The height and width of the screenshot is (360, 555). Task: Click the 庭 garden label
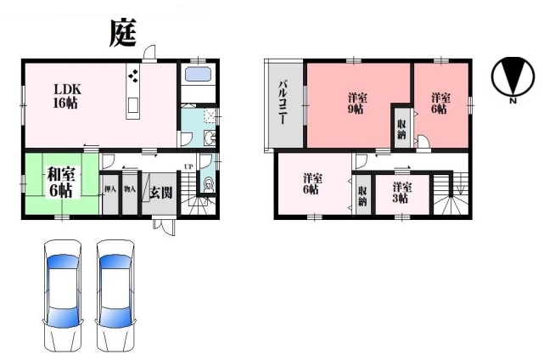pos(123,33)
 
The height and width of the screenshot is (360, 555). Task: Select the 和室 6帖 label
pos(59,183)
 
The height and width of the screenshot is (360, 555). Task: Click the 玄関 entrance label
pos(161,193)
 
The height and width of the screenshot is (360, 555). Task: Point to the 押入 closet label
pos(110,189)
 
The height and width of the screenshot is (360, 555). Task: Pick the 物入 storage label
pos(130,189)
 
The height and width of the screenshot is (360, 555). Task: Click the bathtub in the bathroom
pos(199,75)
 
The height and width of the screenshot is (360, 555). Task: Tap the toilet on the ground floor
pos(209,185)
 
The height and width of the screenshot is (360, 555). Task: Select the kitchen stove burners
pos(133,76)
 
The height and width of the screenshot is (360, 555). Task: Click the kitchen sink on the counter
pos(132,104)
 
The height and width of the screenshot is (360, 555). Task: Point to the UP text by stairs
pos(188,166)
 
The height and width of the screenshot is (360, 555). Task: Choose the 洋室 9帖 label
pos(356,103)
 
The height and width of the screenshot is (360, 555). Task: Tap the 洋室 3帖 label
pos(401,192)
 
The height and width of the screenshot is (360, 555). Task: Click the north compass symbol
pos(513,77)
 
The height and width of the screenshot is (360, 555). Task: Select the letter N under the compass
pos(513,101)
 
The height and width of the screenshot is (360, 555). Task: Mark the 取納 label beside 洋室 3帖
pos(362,196)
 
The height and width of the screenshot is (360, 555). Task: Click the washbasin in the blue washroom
pos(210,138)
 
